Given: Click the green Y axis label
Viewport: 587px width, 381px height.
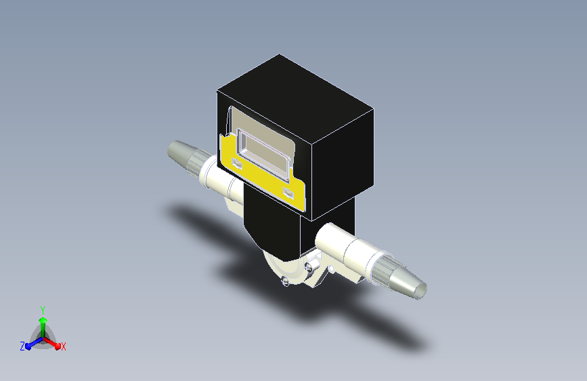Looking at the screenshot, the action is [43, 310].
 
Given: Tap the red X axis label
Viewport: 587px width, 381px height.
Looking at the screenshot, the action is [63, 347].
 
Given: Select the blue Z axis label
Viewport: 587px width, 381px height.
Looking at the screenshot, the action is [22, 346].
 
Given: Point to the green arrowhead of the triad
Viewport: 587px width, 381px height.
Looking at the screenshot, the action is [43, 320].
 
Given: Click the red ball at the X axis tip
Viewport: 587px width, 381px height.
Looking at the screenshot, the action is [58, 346].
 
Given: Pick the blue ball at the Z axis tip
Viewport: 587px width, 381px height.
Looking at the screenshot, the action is [28, 347].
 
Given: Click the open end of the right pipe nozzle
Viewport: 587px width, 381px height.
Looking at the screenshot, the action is [422, 290].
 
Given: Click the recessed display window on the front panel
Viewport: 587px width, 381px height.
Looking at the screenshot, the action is [264, 153].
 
